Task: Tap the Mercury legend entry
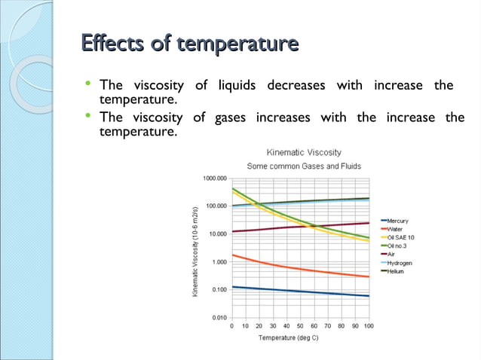397,221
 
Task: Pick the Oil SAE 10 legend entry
400,237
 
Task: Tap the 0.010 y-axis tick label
217,318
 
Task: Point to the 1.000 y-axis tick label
217,262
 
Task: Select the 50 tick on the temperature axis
300,327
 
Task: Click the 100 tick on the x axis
369,327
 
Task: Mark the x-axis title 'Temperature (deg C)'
300,338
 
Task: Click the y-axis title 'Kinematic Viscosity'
195,249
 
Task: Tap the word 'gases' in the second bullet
230,118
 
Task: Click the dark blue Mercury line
302,291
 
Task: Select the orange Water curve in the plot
302,269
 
